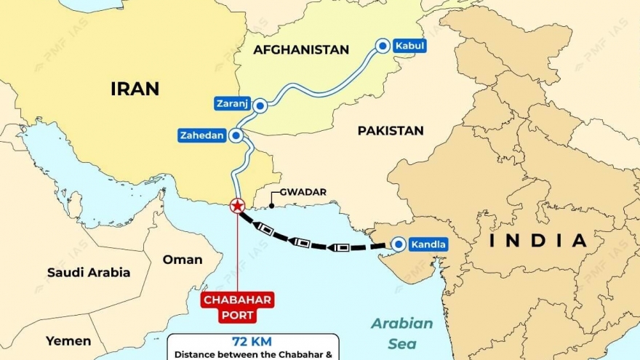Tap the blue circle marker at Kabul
[x=382, y=46]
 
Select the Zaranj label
[x=231, y=104]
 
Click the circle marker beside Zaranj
[x=260, y=105]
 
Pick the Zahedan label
[x=201, y=135]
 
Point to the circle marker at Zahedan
[x=236, y=135]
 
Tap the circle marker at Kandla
[x=397, y=244]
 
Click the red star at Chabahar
[x=237, y=206]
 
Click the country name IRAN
[x=135, y=89]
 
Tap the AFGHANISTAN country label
[x=301, y=49]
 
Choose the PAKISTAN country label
[x=390, y=131]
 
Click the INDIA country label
[x=538, y=241]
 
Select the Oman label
[x=183, y=260]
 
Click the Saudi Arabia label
[x=89, y=273]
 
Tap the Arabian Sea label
[x=402, y=330]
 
